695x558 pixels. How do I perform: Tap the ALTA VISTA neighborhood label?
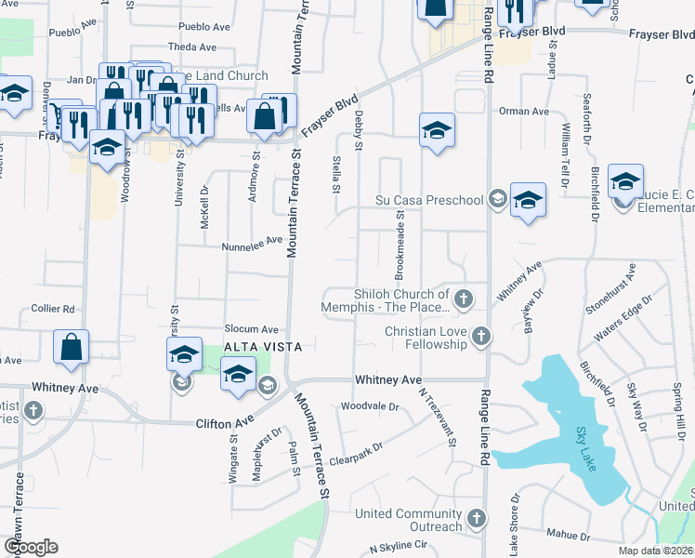pos(264,346)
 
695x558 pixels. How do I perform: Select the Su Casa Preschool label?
pos(429,200)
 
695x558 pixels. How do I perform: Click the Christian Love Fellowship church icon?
pos(480,335)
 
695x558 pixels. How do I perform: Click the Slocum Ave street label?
pos(251,329)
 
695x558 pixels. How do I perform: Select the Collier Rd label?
pos(52,309)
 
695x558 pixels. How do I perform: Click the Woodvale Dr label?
pos(369,406)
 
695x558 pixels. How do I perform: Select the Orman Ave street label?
pos(524,112)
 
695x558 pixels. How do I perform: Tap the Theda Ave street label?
pos(192,46)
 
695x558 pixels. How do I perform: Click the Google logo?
pos(31,547)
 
